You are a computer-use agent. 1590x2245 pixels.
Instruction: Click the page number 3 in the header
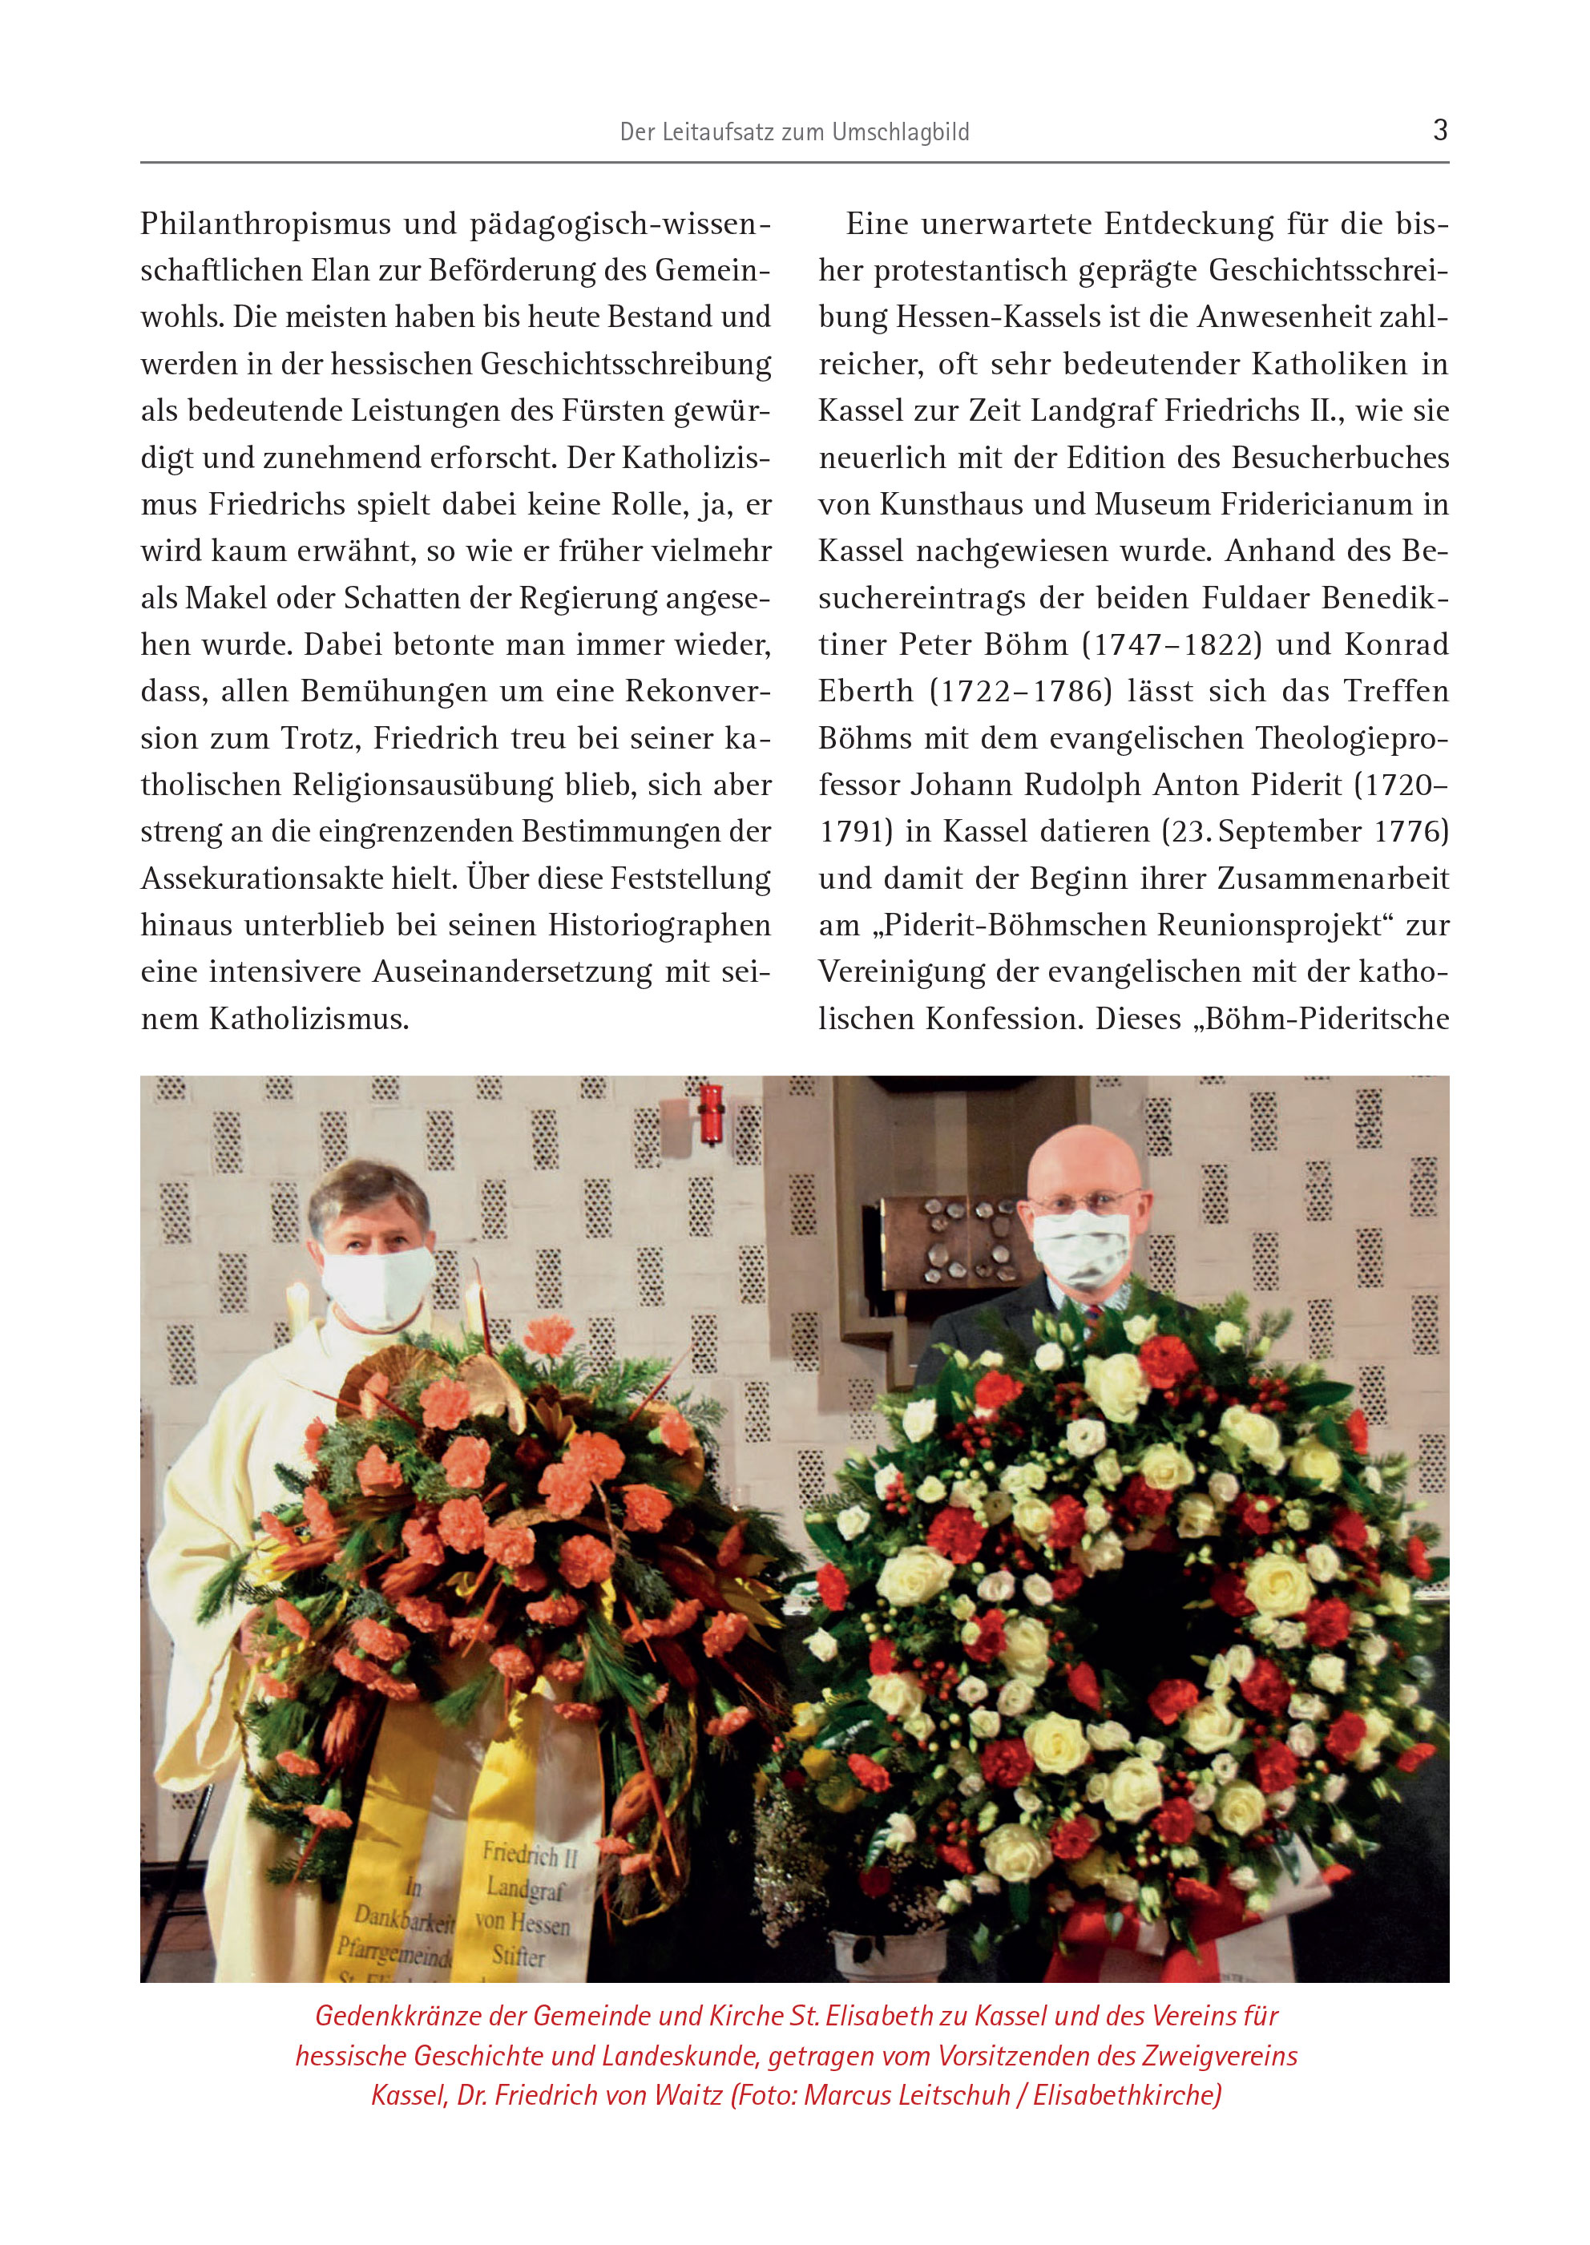pos(1439,129)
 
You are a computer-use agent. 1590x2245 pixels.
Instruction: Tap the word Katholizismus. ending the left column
pos(309,1020)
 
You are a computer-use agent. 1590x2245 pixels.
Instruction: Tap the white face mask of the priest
pos(377,1286)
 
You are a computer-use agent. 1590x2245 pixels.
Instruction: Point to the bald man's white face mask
pos(1083,1250)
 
